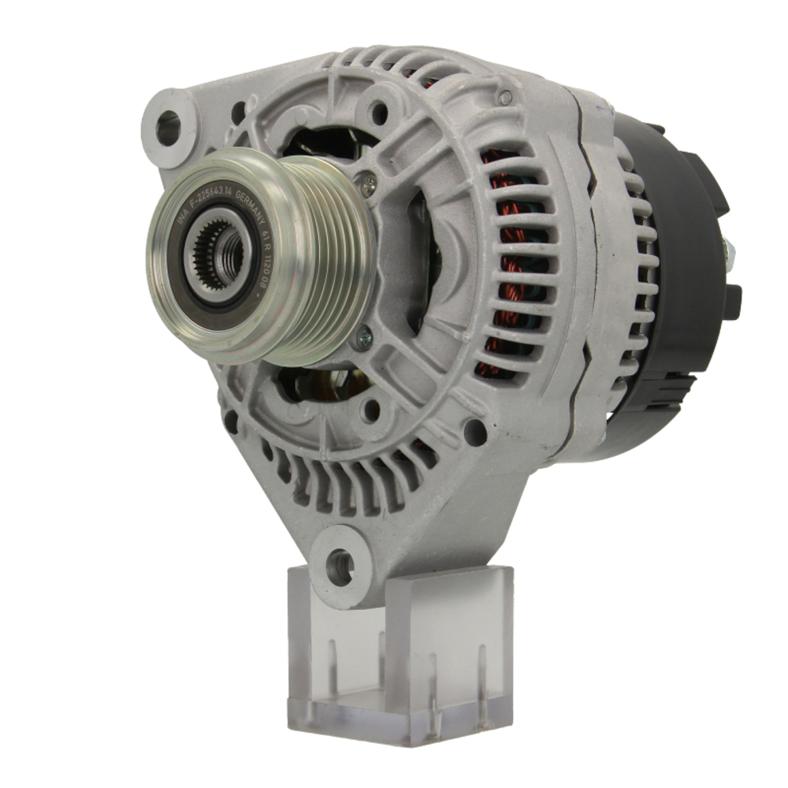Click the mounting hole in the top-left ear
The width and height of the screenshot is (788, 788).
pos(167,127)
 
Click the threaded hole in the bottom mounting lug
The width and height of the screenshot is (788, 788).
pos(340,566)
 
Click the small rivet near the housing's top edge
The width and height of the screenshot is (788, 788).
pos(505,98)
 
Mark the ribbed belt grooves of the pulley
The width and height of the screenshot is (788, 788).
pos(331,252)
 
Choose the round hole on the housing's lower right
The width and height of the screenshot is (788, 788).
pos(474,432)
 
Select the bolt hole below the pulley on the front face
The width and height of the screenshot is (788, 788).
pos(370,410)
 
